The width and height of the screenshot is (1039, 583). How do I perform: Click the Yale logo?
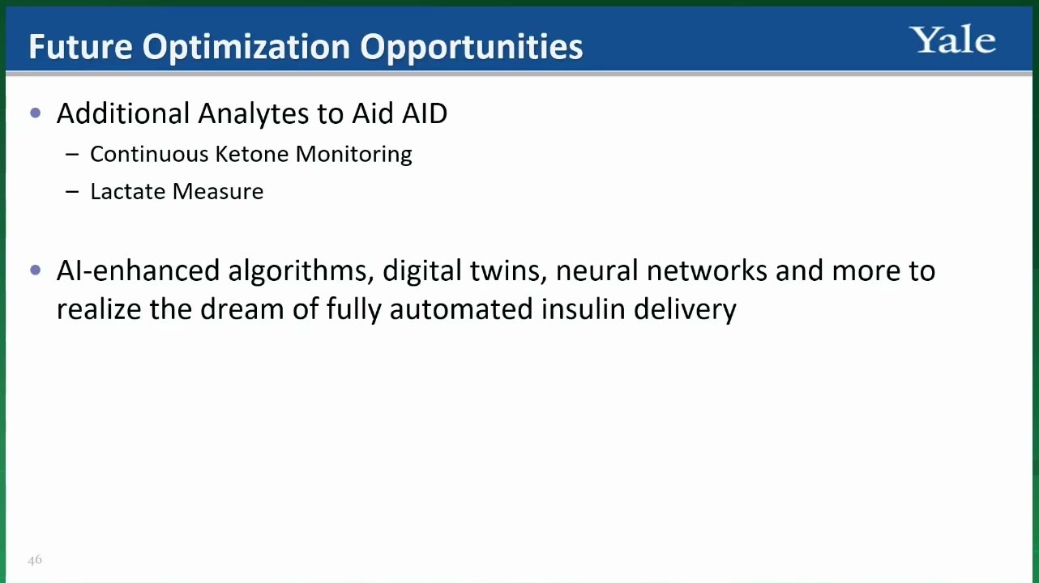953,40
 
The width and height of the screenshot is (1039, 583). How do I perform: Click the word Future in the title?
81,47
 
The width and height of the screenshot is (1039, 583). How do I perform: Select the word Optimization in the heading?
246,48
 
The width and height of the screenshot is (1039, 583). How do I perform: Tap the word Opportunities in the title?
471,48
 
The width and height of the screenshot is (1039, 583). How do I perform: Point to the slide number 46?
35,560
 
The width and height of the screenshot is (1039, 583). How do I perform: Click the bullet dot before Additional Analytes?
35,113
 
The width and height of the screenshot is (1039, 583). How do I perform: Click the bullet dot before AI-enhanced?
35,270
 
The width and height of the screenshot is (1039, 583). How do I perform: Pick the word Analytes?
253,114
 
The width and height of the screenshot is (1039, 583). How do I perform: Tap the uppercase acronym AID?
425,113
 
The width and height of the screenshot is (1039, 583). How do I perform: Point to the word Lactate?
127,191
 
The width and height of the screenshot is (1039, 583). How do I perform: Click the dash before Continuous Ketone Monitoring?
72,155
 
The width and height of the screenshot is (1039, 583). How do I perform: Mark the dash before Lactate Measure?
72,191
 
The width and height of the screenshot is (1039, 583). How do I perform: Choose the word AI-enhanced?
138,270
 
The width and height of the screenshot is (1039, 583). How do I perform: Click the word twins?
509,271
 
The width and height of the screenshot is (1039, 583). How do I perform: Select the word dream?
242,309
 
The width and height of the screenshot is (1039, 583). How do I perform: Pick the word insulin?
583,309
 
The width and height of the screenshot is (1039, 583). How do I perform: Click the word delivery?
685,310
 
